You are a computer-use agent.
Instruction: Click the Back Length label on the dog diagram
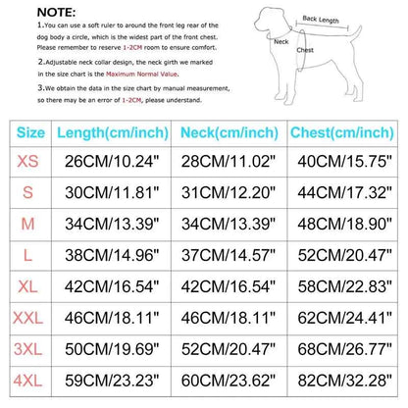click(323, 18)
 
